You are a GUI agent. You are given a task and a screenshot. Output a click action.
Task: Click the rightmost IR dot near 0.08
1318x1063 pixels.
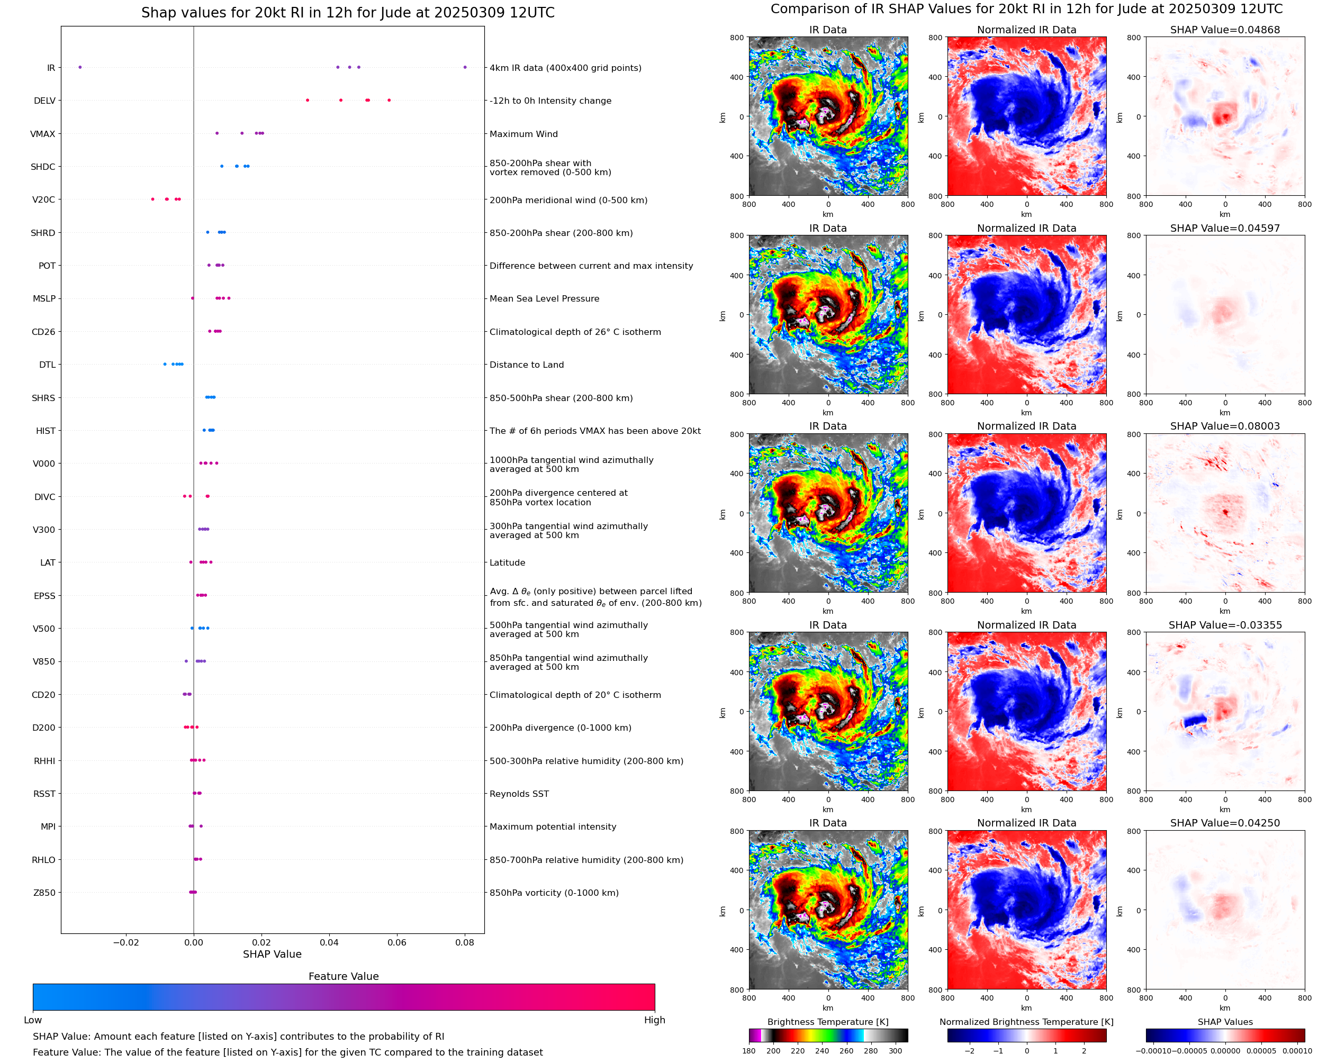[465, 67]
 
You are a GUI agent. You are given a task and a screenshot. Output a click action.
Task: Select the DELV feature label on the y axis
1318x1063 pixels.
[44, 101]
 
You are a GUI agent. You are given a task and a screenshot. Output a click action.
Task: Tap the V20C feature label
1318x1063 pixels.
[43, 199]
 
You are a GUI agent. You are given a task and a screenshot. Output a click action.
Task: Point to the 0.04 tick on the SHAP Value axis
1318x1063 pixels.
[329, 942]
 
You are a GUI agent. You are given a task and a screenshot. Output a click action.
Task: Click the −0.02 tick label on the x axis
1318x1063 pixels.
[126, 942]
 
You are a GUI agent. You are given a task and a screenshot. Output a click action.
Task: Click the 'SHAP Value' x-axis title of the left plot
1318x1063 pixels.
[272, 954]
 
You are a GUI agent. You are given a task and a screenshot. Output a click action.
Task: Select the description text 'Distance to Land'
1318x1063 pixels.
[526, 365]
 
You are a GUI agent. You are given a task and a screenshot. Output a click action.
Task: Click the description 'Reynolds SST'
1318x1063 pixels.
[519, 794]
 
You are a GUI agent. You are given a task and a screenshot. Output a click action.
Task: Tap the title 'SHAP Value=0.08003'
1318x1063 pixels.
[1224, 426]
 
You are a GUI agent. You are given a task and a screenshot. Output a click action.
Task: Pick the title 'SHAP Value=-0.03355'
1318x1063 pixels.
[1224, 625]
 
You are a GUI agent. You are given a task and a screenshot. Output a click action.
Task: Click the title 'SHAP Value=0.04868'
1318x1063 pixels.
[1224, 30]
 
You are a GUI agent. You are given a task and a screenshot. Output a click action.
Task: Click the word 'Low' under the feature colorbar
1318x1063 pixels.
[32, 1020]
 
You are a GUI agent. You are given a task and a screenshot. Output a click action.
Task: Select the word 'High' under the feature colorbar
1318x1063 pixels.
[654, 1020]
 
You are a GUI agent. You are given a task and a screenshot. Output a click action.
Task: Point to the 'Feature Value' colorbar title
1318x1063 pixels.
[343, 977]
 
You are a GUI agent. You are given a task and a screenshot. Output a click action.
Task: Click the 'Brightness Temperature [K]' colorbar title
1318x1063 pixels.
[827, 1022]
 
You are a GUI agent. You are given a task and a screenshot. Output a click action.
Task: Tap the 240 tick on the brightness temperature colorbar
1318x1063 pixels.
[822, 1051]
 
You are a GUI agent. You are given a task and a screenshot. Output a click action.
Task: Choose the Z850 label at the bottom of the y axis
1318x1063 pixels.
[44, 893]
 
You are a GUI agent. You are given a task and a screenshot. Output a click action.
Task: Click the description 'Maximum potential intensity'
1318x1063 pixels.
[553, 826]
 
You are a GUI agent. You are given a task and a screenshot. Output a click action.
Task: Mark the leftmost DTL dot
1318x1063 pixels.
[165, 365]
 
